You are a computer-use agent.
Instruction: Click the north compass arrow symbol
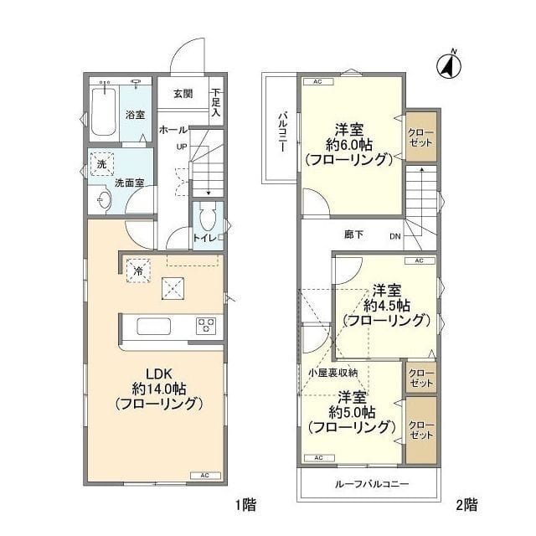[x=450, y=64]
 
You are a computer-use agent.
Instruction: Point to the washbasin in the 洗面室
[x=103, y=199]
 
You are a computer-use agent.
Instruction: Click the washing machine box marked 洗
[x=101, y=165]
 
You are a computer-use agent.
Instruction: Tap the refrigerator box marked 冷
[x=135, y=270]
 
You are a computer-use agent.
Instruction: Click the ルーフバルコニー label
[x=368, y=484]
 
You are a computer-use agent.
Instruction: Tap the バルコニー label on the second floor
[x=284, y=130]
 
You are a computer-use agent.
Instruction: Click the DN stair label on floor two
[x=394, y=236]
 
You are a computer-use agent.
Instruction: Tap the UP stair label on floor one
[x=181, y=148]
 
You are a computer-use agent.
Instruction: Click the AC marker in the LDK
[x=204, y=475]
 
